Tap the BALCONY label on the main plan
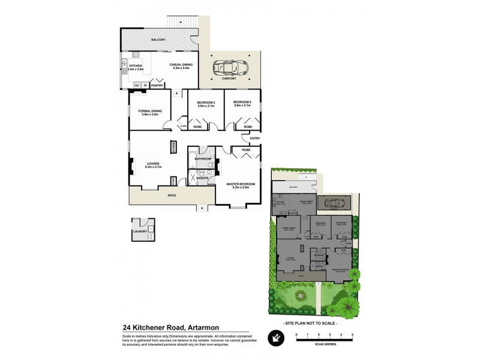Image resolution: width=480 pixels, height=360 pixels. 158,40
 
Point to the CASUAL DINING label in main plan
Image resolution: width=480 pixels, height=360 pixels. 181,65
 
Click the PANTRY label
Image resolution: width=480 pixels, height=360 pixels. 157,86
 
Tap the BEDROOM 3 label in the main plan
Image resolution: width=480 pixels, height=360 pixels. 206,103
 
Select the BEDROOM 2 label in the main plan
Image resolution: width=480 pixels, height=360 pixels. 242,103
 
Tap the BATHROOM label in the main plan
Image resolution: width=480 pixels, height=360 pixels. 202,158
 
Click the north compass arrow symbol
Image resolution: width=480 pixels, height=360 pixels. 274,340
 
